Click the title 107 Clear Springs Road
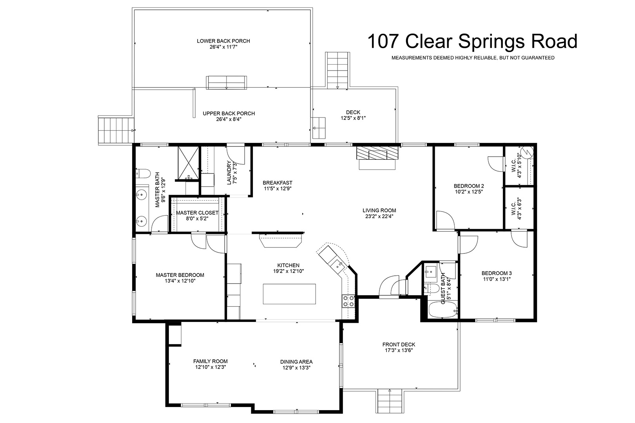tap(472, 42)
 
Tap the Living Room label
tap(379, 210)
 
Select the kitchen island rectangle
tap(289, 294)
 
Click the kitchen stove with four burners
tap(348, 301)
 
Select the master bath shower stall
tap(188, 163)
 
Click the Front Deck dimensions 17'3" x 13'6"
tap(399, 351)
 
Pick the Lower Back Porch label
tap(223, 41)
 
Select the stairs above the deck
tap(337, 70)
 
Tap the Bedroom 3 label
tap(497, 273)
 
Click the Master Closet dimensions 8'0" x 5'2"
tap(197, 219)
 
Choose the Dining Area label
tap(296, 362)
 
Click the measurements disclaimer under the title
tap(473, 58)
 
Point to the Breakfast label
tap(277, 183)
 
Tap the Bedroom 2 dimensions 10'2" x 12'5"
tap(469, 192)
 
